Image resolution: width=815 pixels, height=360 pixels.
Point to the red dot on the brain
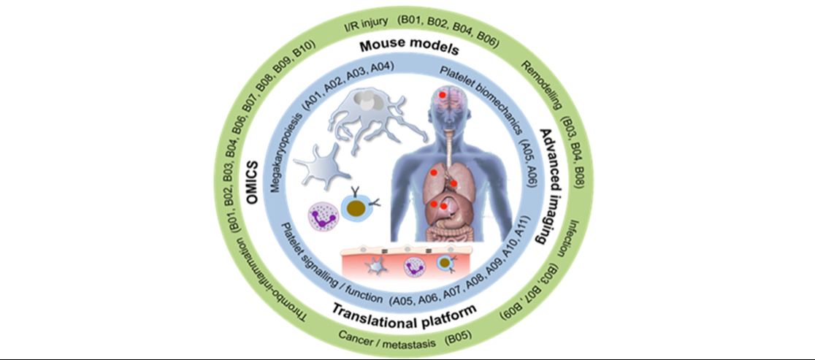coord(443,95)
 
